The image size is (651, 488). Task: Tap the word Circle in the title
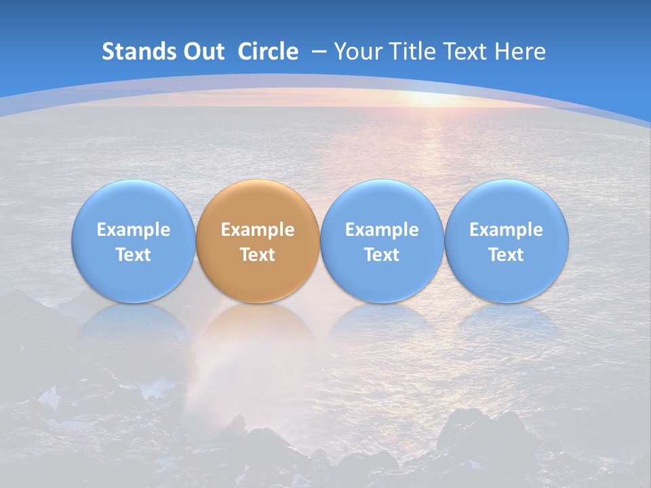tap(268, 52)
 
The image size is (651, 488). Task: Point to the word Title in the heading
tap(414, 52)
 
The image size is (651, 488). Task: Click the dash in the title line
tap(319, 52)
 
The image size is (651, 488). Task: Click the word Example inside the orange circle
tap(258, 230)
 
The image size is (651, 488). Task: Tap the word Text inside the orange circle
tap(258, 255)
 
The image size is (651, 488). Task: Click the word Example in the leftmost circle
tap(133, 230)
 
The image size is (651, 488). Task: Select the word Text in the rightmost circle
tap(507, 255)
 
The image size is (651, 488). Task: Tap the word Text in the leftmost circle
tap(133, 255)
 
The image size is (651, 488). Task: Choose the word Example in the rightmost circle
tap(507, 230)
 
